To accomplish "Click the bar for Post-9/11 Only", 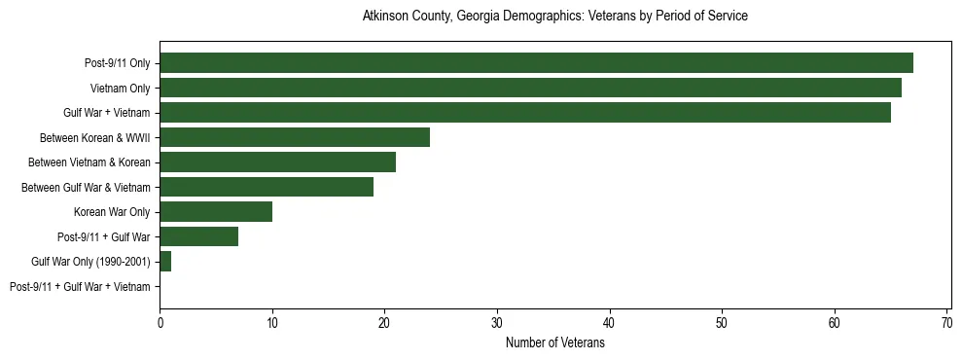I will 536,63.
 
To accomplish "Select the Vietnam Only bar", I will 530,88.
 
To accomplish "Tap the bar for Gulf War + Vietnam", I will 525,113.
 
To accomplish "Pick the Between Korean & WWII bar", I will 295,137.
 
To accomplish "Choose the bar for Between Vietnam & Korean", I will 277,162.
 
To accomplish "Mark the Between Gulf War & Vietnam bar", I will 267,187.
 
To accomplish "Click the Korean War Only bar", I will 216,212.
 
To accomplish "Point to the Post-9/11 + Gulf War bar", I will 198,236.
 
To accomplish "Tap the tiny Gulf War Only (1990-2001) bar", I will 165,262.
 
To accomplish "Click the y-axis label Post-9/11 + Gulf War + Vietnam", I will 80,287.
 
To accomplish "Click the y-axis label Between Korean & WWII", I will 94,138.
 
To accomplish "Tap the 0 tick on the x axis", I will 160,322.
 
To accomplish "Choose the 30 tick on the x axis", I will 497,322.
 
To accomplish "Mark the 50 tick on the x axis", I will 722,322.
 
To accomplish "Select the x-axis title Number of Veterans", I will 555,342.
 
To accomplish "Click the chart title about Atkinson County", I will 554,17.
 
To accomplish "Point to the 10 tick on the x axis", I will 272,322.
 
